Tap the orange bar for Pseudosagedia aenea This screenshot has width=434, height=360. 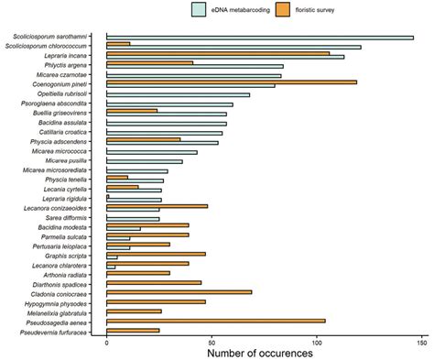[x=216, y=321]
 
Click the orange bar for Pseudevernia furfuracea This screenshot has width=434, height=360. [x=133, y=330]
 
